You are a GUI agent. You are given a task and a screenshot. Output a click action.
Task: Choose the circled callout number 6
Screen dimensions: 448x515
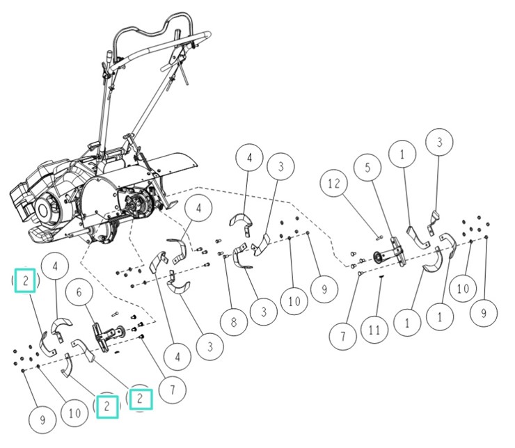83,294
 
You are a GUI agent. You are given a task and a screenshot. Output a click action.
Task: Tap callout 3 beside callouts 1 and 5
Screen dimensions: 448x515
438,144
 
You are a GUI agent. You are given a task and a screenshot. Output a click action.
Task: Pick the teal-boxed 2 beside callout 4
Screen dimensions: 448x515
26,281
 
